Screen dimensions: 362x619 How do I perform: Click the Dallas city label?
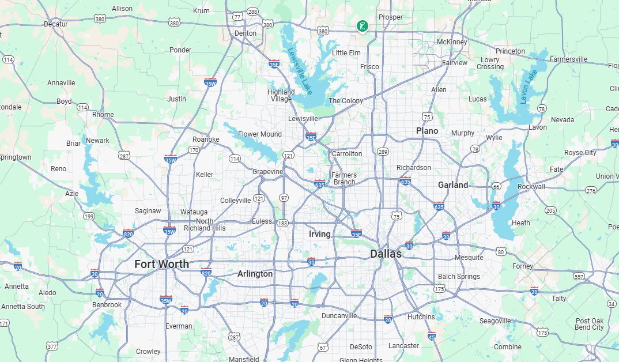386,254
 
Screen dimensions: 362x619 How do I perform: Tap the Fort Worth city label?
161,264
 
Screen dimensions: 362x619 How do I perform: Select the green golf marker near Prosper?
362,25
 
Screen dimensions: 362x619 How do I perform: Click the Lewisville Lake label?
300,71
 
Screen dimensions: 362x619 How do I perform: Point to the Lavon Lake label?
528,86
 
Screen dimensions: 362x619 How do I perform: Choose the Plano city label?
427,131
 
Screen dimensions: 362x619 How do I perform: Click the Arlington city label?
255,274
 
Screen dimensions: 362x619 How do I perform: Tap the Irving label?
319,234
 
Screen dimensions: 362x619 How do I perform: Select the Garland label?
452,185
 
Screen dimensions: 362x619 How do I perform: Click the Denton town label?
246,33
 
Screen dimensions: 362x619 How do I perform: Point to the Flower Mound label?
260,134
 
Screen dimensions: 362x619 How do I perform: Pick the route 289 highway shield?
383,152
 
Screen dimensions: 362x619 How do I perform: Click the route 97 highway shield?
284,198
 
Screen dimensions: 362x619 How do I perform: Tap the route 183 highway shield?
282,223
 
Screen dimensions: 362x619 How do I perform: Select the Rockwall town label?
531,187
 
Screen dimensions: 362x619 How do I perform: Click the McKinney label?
451,42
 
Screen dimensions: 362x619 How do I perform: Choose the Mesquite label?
469,257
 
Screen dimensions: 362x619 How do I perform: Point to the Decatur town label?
56,24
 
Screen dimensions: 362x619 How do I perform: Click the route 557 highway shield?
579,277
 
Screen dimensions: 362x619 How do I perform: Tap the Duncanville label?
339,316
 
